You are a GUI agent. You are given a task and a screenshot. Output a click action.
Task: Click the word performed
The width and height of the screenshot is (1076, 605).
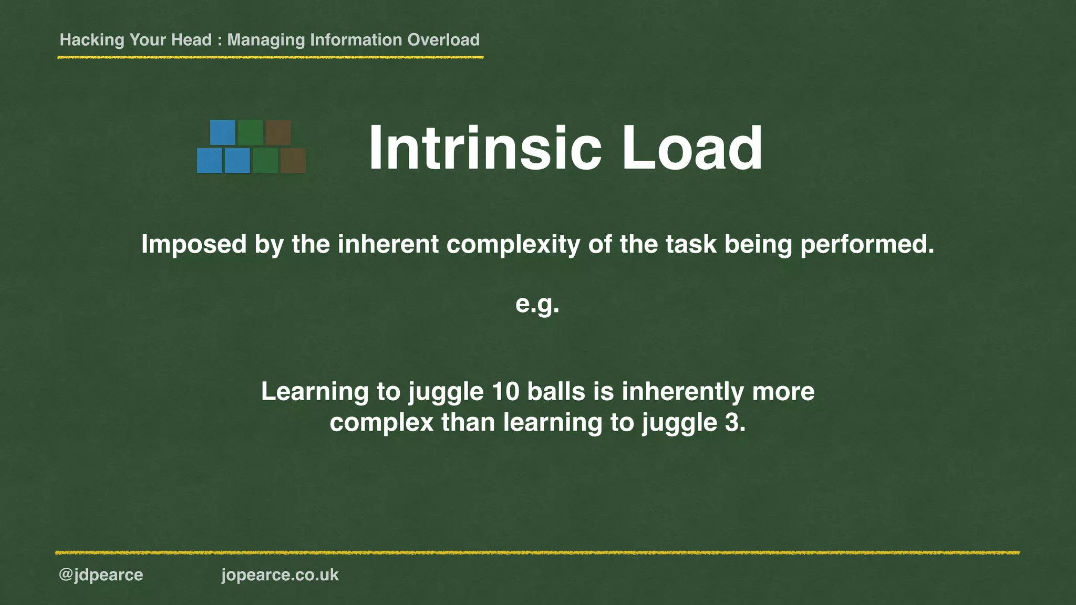coord(867,245)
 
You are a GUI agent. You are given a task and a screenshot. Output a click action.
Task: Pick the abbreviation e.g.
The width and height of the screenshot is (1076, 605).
coord(537,304)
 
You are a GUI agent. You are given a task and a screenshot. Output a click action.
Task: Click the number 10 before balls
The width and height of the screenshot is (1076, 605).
coord(505,392)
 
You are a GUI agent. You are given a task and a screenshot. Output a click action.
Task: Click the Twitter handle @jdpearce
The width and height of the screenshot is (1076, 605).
coord(101,575)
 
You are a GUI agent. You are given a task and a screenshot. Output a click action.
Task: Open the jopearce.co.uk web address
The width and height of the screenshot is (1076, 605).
coord(280,575)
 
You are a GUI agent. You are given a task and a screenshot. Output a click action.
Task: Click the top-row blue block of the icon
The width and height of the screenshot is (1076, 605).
coord(223,132)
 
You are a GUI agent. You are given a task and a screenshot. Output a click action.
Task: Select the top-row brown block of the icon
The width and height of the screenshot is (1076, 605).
coord(278,132)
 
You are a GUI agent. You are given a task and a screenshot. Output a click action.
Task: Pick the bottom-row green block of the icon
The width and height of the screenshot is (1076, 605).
coord(265,161)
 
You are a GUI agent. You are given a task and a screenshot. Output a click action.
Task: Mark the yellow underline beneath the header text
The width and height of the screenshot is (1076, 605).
coord(270,57)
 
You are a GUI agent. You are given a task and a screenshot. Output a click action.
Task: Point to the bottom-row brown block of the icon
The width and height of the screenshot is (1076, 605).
coord(293,161)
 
